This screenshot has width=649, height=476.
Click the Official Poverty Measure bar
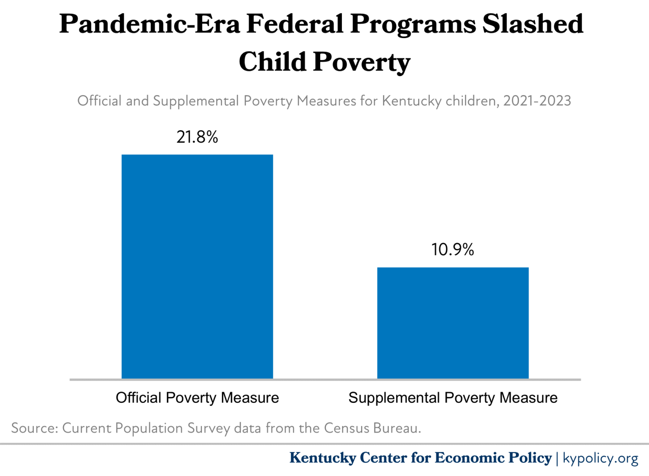point(197,266)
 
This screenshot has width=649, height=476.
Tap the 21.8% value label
point(197,137)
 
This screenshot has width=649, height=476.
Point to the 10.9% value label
point(453,249)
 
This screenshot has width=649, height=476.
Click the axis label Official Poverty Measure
point(197,398)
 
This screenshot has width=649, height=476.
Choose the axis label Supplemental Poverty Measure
point(453,398)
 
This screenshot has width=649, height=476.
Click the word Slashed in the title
point(533,24)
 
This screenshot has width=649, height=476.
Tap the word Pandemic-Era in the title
point(149,24)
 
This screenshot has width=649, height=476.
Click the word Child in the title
point(273,62)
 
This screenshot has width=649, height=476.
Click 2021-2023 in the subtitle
point(537,101)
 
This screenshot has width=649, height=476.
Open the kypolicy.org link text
point(600,458)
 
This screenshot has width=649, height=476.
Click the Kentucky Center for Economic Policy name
point(420,458)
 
